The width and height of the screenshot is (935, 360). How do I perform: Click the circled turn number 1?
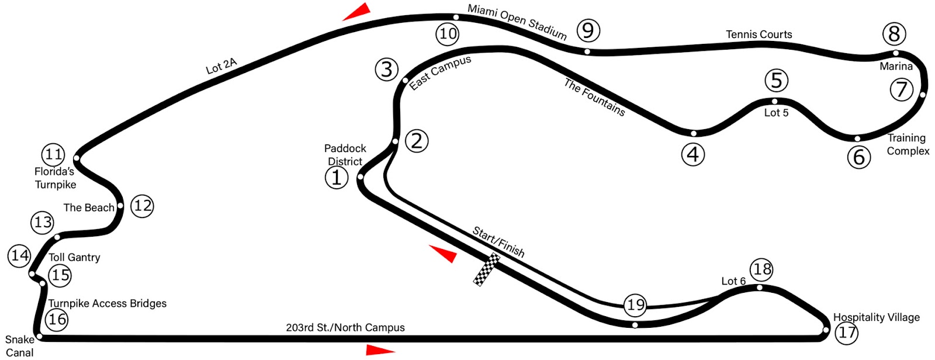click(x=336, y=177)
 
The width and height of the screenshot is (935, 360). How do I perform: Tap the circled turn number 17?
click(x=846, y=333)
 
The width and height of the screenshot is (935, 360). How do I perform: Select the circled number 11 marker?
click(x=53, y=155)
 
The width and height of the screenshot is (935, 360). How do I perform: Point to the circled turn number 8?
click(x=894, y=34)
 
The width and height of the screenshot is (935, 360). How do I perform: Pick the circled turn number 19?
click(x=635, y=304)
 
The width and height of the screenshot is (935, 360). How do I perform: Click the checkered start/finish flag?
click(x=486, y=269)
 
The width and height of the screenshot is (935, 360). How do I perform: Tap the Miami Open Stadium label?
click(x=517, y=22)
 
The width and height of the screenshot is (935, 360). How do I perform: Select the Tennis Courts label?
click(x=759, y=34)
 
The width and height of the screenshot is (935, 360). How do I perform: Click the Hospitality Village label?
click(x=876, y=317)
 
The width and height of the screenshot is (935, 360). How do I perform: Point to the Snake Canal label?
click(x=19, y=346)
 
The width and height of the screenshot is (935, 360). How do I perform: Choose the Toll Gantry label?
click(x=74, y=257)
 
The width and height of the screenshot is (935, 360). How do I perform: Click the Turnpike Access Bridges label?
click(x=107, y=303)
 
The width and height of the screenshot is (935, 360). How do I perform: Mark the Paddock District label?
click(x=345, y=155)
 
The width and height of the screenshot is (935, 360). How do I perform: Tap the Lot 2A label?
click(x=221, y=66)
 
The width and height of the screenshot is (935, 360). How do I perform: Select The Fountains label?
click(x=594, y=97)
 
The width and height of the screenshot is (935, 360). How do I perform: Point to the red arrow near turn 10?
click(x=358, y=12)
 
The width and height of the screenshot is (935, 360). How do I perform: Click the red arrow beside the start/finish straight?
click(x=444, y=253)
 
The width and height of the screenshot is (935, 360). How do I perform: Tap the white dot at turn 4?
click(x=694, y=133)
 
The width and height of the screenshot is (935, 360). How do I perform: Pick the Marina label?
click(x=896, y=66)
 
